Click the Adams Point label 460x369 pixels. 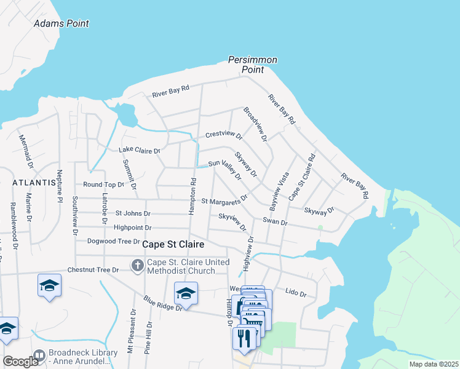point(61,23)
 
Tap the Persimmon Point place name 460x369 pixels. point(252,65)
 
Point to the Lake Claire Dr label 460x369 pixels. point(139,150)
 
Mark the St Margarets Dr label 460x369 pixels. point(224,200)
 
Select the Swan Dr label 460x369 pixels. point(275,222)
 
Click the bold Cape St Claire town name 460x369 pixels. point(173,244)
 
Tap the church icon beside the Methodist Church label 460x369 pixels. point(137,266)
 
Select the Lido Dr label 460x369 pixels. point(296,293)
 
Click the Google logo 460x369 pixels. point(20,362)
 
